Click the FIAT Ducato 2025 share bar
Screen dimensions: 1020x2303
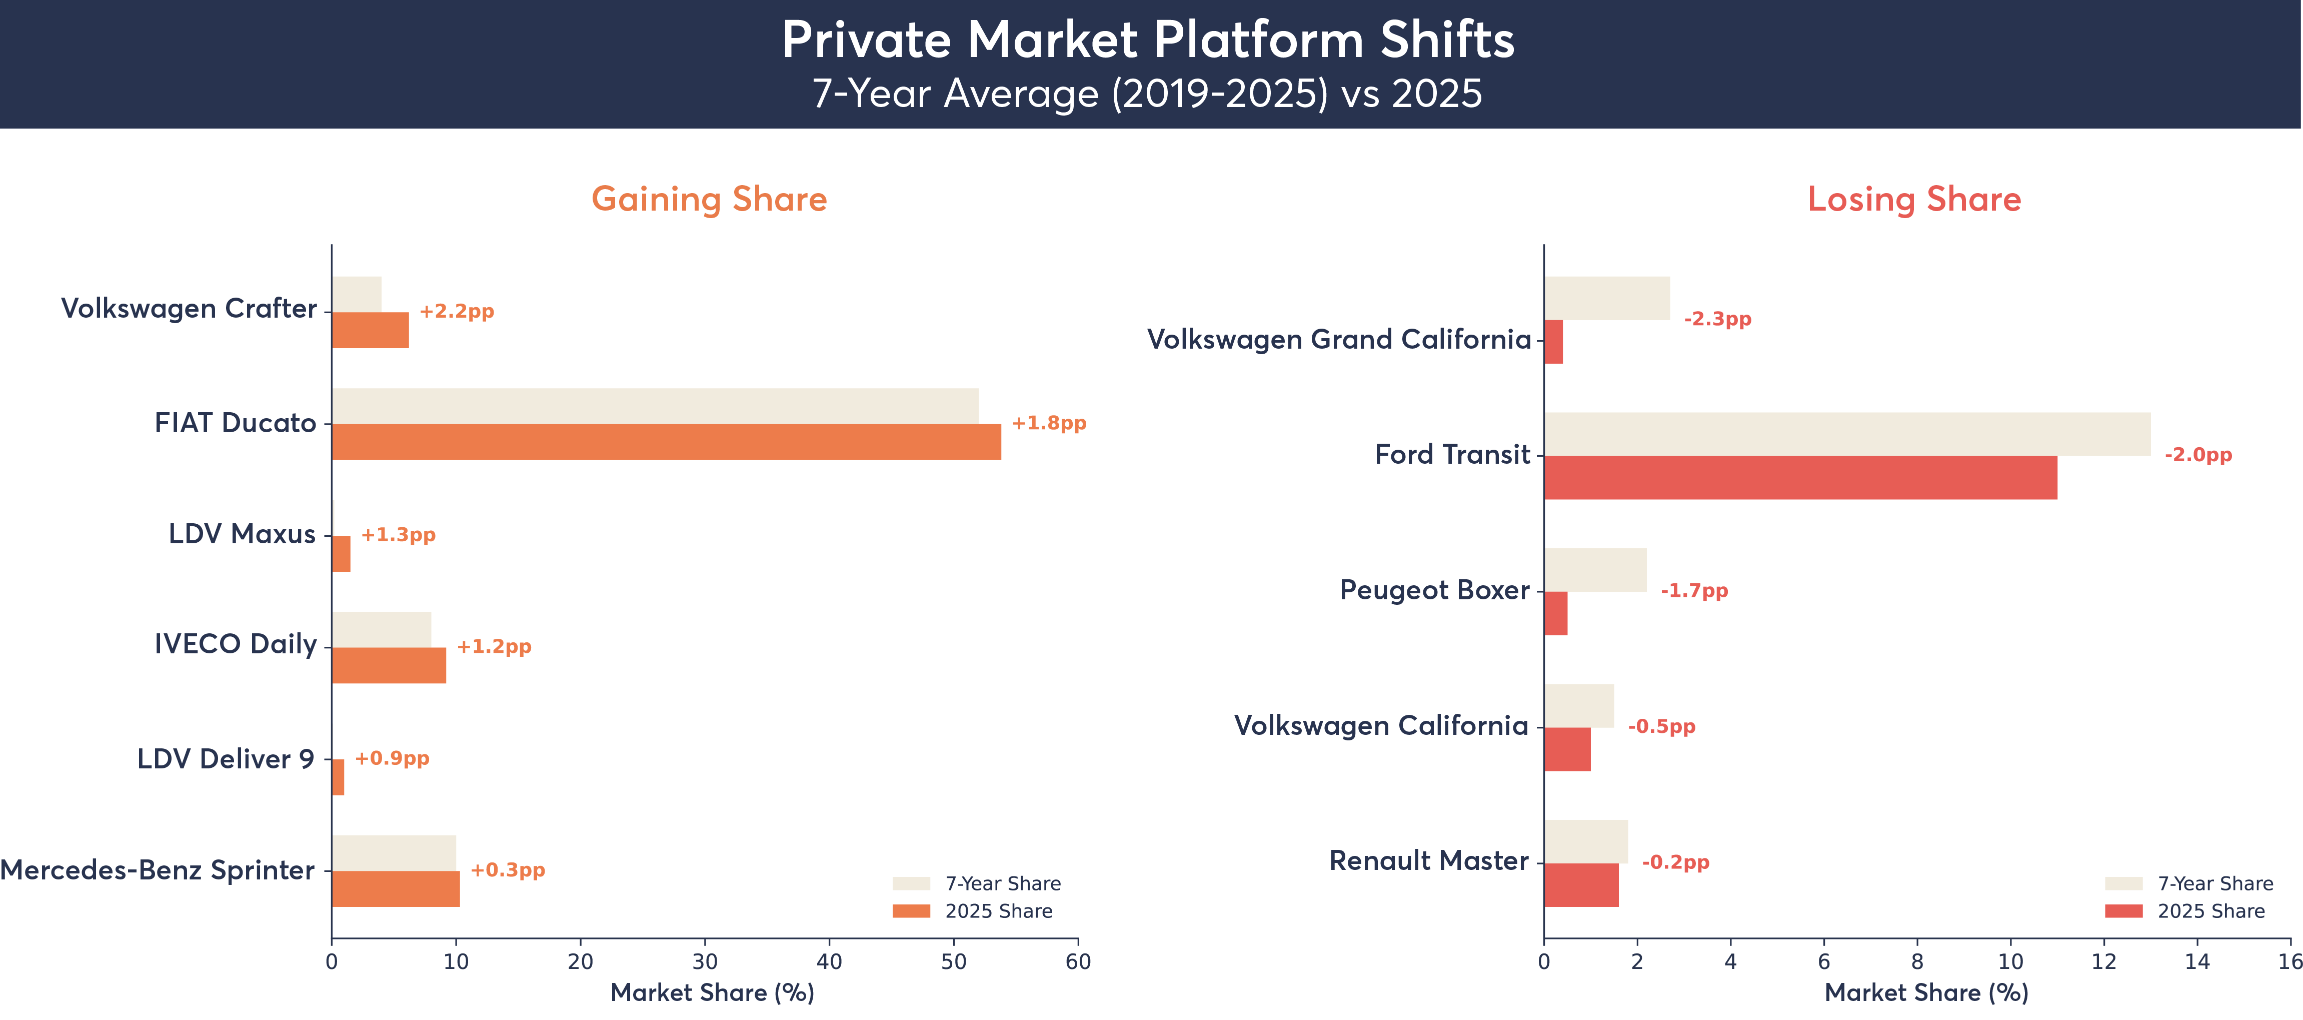[x=666, y=442]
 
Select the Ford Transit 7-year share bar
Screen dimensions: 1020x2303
[x=1846, y=434]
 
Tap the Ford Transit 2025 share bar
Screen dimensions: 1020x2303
[x=1800, y=477]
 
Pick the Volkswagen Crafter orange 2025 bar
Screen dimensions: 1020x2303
[x=370, y=330]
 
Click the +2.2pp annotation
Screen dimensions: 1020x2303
[x=457, y=311]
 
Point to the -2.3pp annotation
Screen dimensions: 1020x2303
[x=1717, y=319]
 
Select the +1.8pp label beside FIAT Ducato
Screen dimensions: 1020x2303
[x=1049, y=423]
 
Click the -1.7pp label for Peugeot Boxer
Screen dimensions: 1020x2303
[x=1694, y=591]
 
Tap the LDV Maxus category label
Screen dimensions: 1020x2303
[x=242, y=535]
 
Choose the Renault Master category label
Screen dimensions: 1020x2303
[x=1429, y=861]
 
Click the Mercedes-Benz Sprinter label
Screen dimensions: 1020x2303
[x=158, y=870]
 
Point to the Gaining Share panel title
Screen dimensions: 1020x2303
[x=709, y=199]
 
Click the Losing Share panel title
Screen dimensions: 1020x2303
[x=1914, y=199]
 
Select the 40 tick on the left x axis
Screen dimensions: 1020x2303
[x=829, y=962]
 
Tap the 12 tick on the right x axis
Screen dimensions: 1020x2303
[x=2103, y=962]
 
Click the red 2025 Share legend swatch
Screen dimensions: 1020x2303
[x=2123, y=911]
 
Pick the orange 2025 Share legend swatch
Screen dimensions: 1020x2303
[x=911, y=911]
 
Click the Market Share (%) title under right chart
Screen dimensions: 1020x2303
[x=1926, y=993]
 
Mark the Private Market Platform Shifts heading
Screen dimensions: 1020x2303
[x=1148, y=40]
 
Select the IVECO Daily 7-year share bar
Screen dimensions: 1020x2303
[x=381, y=629]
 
